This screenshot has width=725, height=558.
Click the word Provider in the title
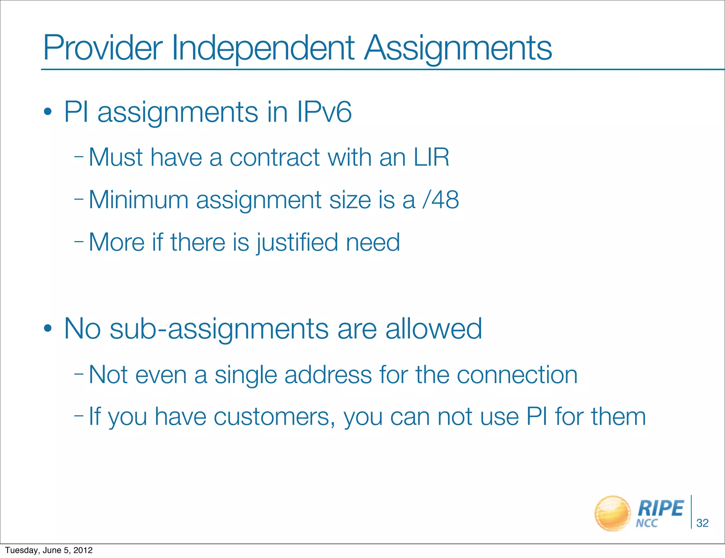point(103,48)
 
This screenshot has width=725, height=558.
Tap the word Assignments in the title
point(458,48)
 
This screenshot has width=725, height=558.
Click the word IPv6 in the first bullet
point(324,112)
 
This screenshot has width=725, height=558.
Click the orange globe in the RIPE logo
point(612,513)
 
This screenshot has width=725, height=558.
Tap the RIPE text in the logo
point(660,508)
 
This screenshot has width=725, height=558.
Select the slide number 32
point(702,523)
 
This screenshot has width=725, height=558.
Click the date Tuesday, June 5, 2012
point(49,550)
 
